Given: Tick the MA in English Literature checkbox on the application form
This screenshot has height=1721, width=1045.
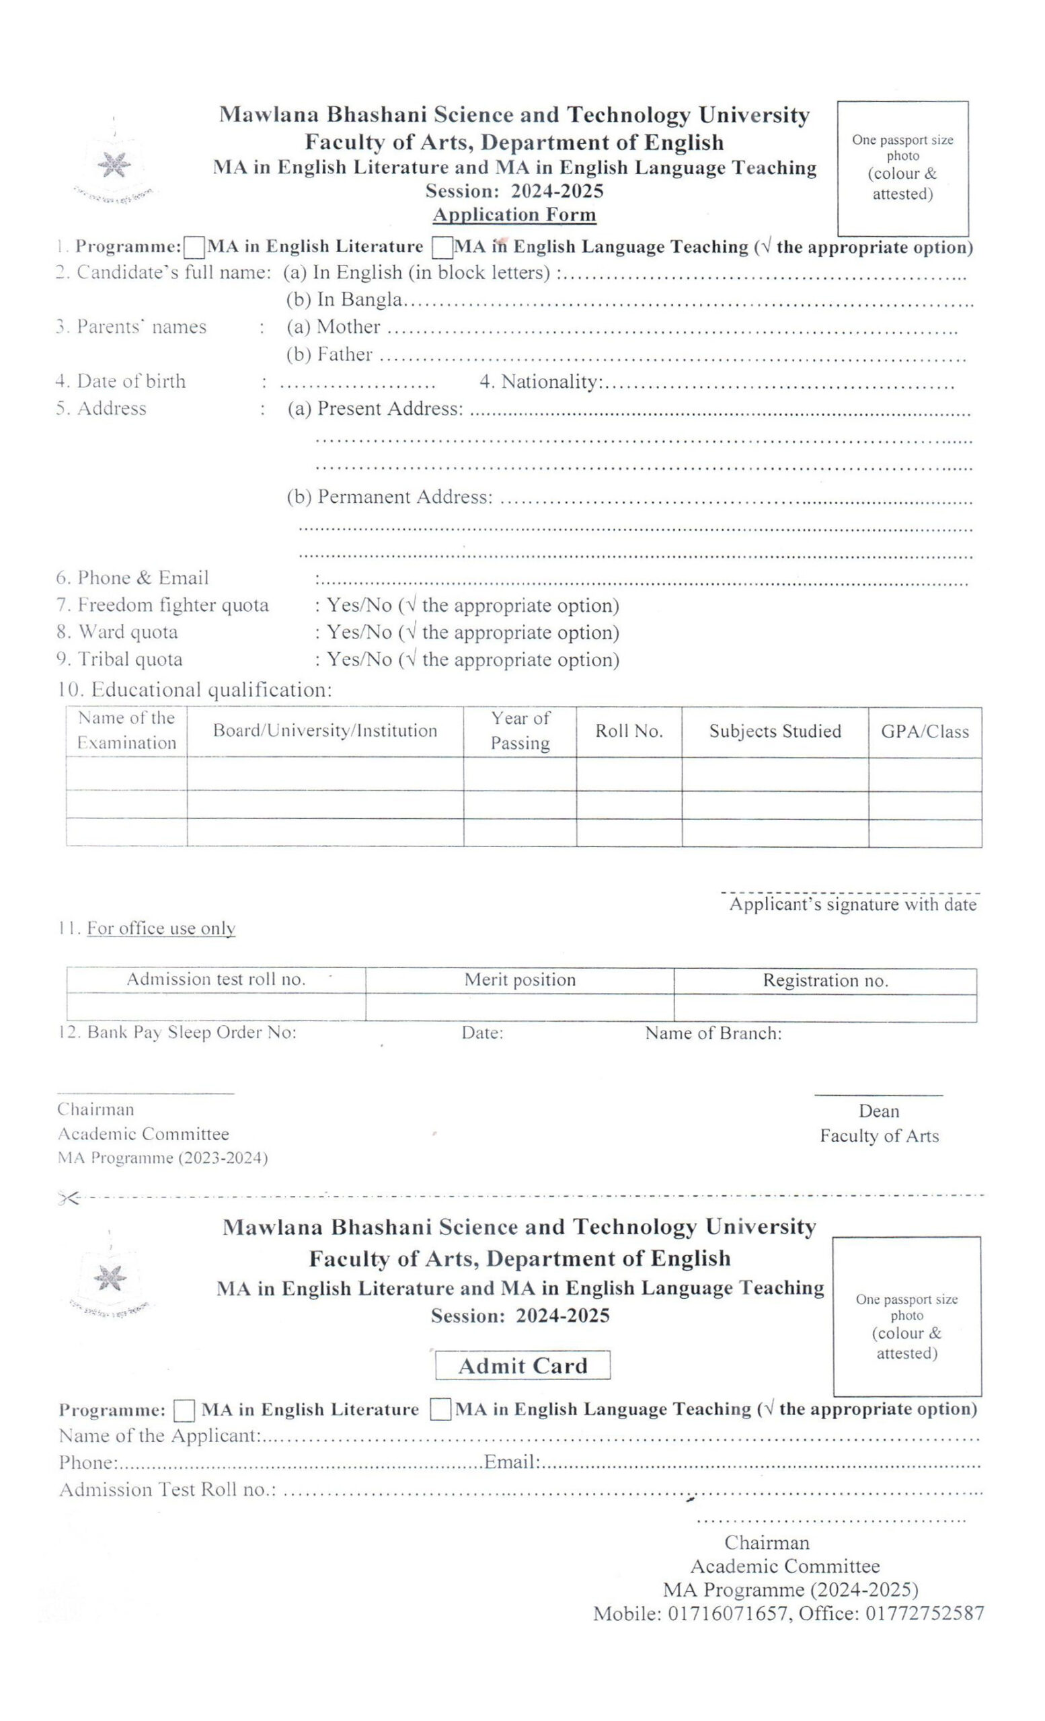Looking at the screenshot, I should [194, 247].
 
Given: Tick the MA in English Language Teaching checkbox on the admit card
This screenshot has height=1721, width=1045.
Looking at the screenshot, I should [440, 1409].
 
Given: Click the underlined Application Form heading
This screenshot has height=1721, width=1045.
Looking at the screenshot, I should [514, 214].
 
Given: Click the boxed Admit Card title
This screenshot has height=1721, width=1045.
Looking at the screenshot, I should [522, 1365].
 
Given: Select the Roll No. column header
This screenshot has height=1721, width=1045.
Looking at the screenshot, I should [629, 731].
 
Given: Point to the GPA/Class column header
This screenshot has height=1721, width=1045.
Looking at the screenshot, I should [925, 732].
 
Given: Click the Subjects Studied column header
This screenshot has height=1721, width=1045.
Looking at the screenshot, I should [775, 731].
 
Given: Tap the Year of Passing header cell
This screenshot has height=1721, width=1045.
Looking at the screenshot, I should [520, 731].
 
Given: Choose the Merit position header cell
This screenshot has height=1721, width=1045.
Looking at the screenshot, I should [520, 980].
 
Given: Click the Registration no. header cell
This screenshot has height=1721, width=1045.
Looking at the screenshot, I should [825, 981].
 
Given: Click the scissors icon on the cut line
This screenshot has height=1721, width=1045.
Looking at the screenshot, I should [68, 1199].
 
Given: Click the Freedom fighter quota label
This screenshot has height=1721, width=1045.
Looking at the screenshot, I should [173, 605].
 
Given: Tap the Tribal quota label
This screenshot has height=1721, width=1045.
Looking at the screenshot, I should [130, 659].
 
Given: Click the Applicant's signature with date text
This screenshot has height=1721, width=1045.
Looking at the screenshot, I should [852, 904].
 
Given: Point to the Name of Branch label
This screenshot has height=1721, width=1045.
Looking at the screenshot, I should [713, 1033].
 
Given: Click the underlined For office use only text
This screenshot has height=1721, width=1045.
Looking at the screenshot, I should [161, 928].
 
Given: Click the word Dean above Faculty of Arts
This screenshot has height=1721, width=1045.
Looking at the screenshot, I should [878, 1111].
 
